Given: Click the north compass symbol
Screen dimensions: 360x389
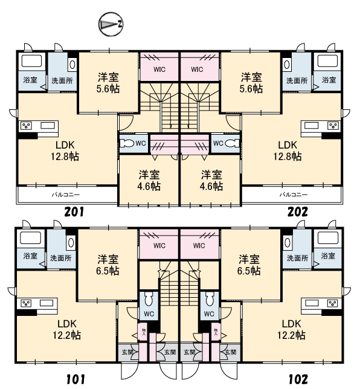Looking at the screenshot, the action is click(111, 24).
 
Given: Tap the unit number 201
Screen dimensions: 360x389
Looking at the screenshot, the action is click(74, 212).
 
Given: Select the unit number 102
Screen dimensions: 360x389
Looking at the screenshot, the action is click(298, 379).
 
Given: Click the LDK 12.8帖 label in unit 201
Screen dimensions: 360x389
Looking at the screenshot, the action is click(65, 150).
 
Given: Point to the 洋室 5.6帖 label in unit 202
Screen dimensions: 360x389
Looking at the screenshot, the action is click(251, 83).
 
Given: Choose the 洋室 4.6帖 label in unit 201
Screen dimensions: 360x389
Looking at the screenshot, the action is click(149, 181).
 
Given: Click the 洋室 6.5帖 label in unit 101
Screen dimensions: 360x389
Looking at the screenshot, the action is click(108, 265).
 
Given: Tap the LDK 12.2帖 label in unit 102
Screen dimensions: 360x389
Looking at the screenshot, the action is click(291, 329).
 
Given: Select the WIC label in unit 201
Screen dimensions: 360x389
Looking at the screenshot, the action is click(159, 69).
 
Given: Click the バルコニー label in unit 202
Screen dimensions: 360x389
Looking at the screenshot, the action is click(294, 194).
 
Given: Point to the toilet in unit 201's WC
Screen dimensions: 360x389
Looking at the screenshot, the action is click(127, 143).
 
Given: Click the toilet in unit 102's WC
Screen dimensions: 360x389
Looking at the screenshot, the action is click(210, 299).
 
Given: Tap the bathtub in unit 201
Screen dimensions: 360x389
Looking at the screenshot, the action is click(31, 61).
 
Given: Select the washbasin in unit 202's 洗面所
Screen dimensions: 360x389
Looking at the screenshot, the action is click(286, 65).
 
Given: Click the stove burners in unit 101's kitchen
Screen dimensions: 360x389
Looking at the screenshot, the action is click(25, 303).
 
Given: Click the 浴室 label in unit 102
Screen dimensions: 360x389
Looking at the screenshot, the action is click(328, 256).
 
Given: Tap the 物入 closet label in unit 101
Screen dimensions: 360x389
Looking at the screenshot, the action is click(144, 332).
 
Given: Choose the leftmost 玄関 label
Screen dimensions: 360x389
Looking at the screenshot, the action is click(127, 352).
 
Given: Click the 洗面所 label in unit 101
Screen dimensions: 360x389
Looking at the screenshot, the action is click(61, 258).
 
